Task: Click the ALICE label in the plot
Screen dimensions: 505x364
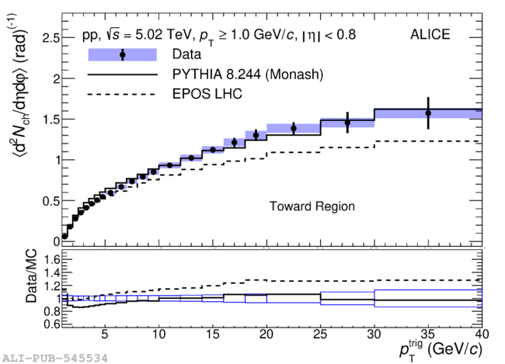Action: click(x=430, y=34)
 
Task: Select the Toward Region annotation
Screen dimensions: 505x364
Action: click(x=312, y=206)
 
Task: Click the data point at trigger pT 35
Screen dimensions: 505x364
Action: click(x=428, y=113)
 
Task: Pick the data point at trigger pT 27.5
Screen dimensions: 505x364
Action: click(x=347, y=123)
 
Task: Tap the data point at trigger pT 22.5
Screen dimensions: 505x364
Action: click(x=294, y=128)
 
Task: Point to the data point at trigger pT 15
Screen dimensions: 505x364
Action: click(x=213, y=150)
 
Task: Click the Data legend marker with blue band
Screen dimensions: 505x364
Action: click(x=123, y=54)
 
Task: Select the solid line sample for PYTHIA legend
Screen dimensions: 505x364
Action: click(x=123, y=75)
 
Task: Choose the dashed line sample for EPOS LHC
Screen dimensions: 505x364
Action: click(x=121, y=95)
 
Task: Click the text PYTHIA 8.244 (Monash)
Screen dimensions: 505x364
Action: click(x=248, y=75)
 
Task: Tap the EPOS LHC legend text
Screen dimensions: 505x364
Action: click(x=207, y=94)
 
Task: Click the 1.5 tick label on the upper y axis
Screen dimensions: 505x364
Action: click(x=50, y=120)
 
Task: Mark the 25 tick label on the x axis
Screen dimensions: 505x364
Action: click(x=320, y=335)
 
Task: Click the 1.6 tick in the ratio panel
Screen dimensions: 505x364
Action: click(x=52, y=259)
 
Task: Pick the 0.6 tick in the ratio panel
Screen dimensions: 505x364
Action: click(x=52, y=323)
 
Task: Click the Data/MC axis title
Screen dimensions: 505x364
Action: click(x=31, y=276)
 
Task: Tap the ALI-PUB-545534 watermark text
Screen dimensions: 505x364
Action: click(x=55, y=359)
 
